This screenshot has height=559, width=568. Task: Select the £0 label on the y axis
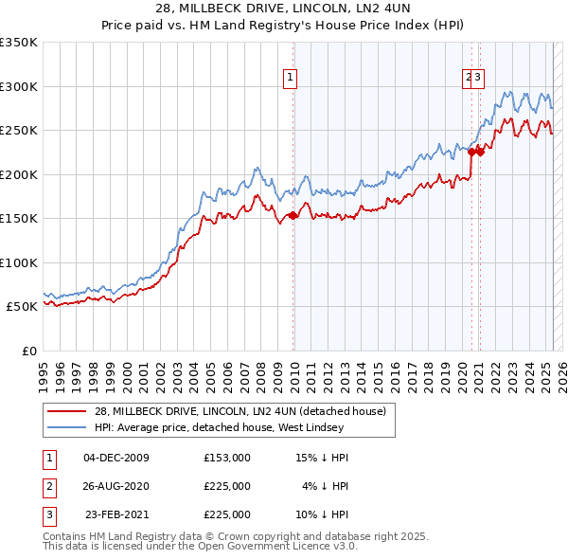point(28,351)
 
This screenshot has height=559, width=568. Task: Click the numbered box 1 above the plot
point(289,79)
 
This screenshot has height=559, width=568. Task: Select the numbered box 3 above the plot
point(478,79)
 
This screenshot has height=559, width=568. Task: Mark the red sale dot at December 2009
point(293,216)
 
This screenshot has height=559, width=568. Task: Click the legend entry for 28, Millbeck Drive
point(240,412)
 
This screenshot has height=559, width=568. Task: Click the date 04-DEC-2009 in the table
point(116,458)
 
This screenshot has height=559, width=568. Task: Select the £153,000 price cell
point(226,458)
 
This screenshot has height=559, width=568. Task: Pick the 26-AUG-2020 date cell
point(116,486)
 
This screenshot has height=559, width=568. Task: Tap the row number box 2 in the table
point(48,486)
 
